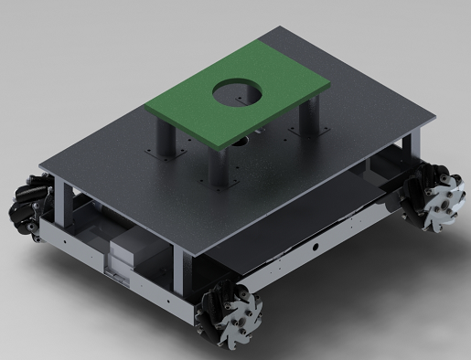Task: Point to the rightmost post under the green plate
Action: point(310,117)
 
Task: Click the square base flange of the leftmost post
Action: point(165,154)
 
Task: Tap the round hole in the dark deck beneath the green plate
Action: point(242,143)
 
